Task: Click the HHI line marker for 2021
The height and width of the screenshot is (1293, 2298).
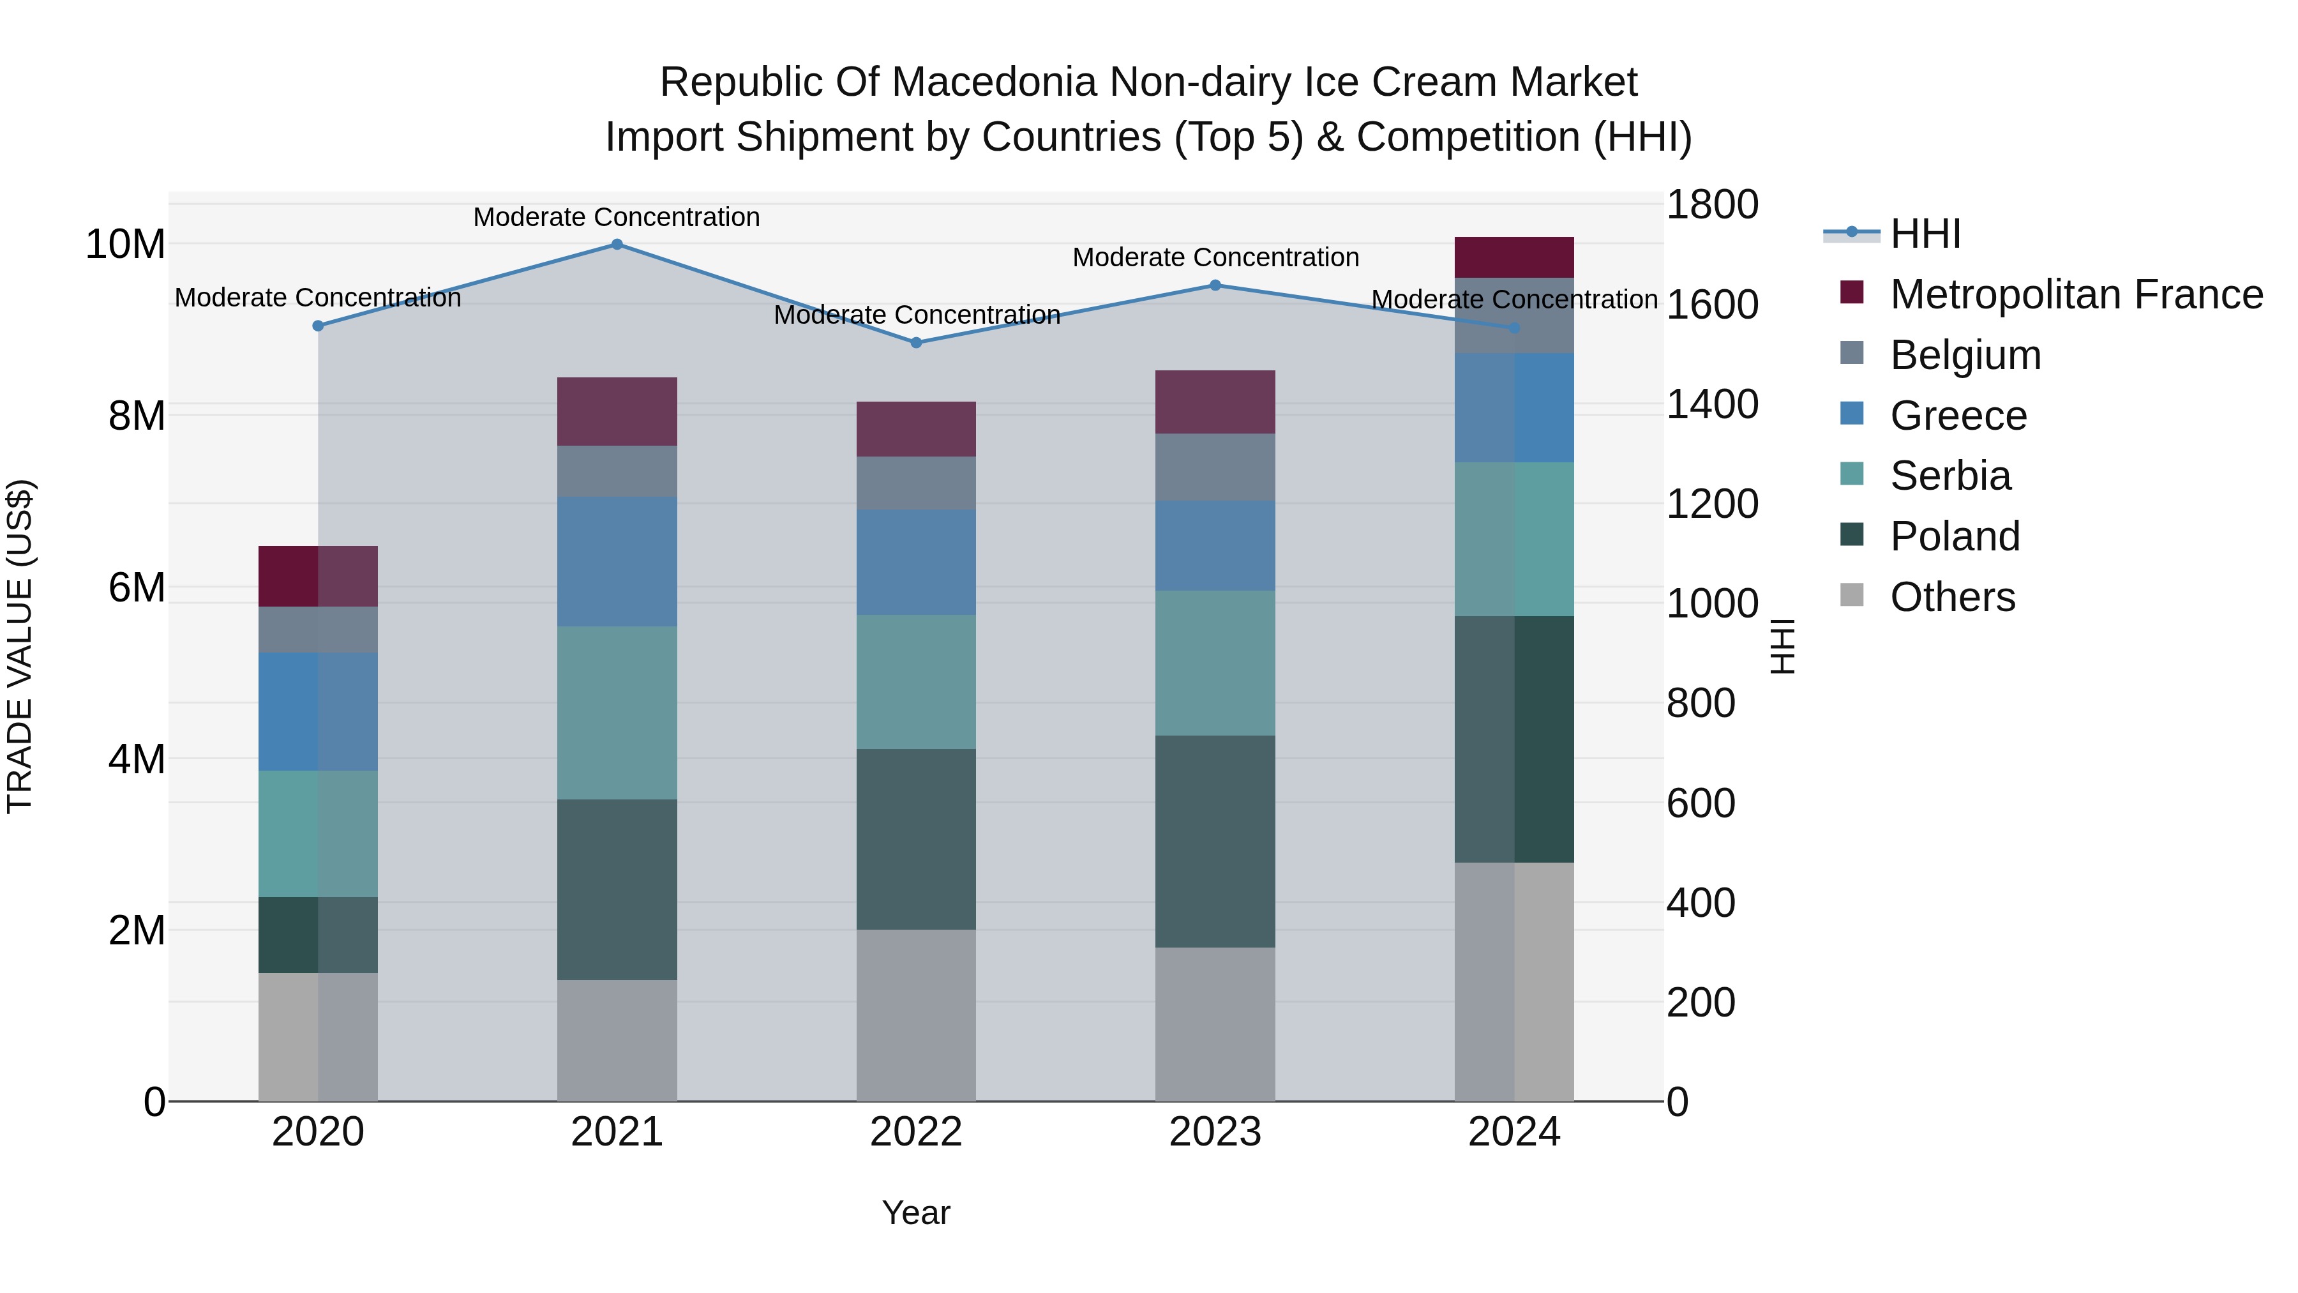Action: (617, 245)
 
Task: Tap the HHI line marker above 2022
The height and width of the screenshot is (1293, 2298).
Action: (916, 343)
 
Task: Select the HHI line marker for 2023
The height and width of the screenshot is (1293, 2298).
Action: (1215, 285)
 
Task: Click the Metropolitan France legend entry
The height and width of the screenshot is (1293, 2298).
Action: (2076, 294)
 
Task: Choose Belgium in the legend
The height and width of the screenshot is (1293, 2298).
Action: (1965, 355)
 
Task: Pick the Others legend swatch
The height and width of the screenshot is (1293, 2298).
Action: (1852, 595)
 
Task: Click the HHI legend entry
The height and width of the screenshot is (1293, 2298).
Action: (1925, 234)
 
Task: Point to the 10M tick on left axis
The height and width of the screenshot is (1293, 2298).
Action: (125, 245)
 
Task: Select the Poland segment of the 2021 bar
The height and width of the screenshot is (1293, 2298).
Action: (617, 889)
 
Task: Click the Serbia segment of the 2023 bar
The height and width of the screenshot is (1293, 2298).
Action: (1215, 663)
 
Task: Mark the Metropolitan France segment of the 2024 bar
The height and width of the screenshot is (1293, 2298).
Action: (1514, 258)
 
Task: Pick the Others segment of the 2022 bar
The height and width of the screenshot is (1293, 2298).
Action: (916, 1015)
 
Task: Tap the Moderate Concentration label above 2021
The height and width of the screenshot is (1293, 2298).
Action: (617, 217)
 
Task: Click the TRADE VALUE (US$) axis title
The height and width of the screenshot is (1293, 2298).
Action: (20, 646)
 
